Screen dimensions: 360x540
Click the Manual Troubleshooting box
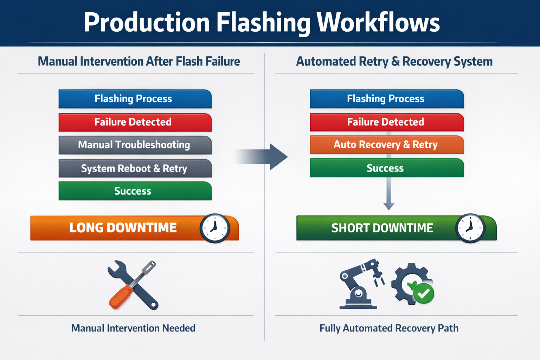point(135,145)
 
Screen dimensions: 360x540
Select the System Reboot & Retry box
point(135,168)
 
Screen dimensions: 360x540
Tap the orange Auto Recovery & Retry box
point(387,144)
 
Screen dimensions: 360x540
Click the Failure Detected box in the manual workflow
point(135,122)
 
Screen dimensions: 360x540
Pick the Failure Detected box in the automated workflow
point(387,122)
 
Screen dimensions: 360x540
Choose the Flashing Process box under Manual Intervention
point(135,99)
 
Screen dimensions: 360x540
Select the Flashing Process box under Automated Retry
point(387,99)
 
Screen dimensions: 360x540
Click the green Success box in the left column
point(135,191)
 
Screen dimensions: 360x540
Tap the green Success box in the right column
point(387,168)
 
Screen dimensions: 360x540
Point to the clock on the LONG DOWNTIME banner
point(215,228)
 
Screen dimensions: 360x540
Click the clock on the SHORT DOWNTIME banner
point(470,228)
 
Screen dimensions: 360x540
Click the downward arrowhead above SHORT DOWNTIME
point(388,206)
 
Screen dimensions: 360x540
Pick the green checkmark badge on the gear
point(424,293)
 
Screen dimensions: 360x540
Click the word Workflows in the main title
point(378,23)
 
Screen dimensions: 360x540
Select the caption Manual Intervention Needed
point(133,328)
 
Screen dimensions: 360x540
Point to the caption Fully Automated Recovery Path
point(389,328)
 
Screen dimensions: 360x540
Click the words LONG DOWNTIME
point(123,228)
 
